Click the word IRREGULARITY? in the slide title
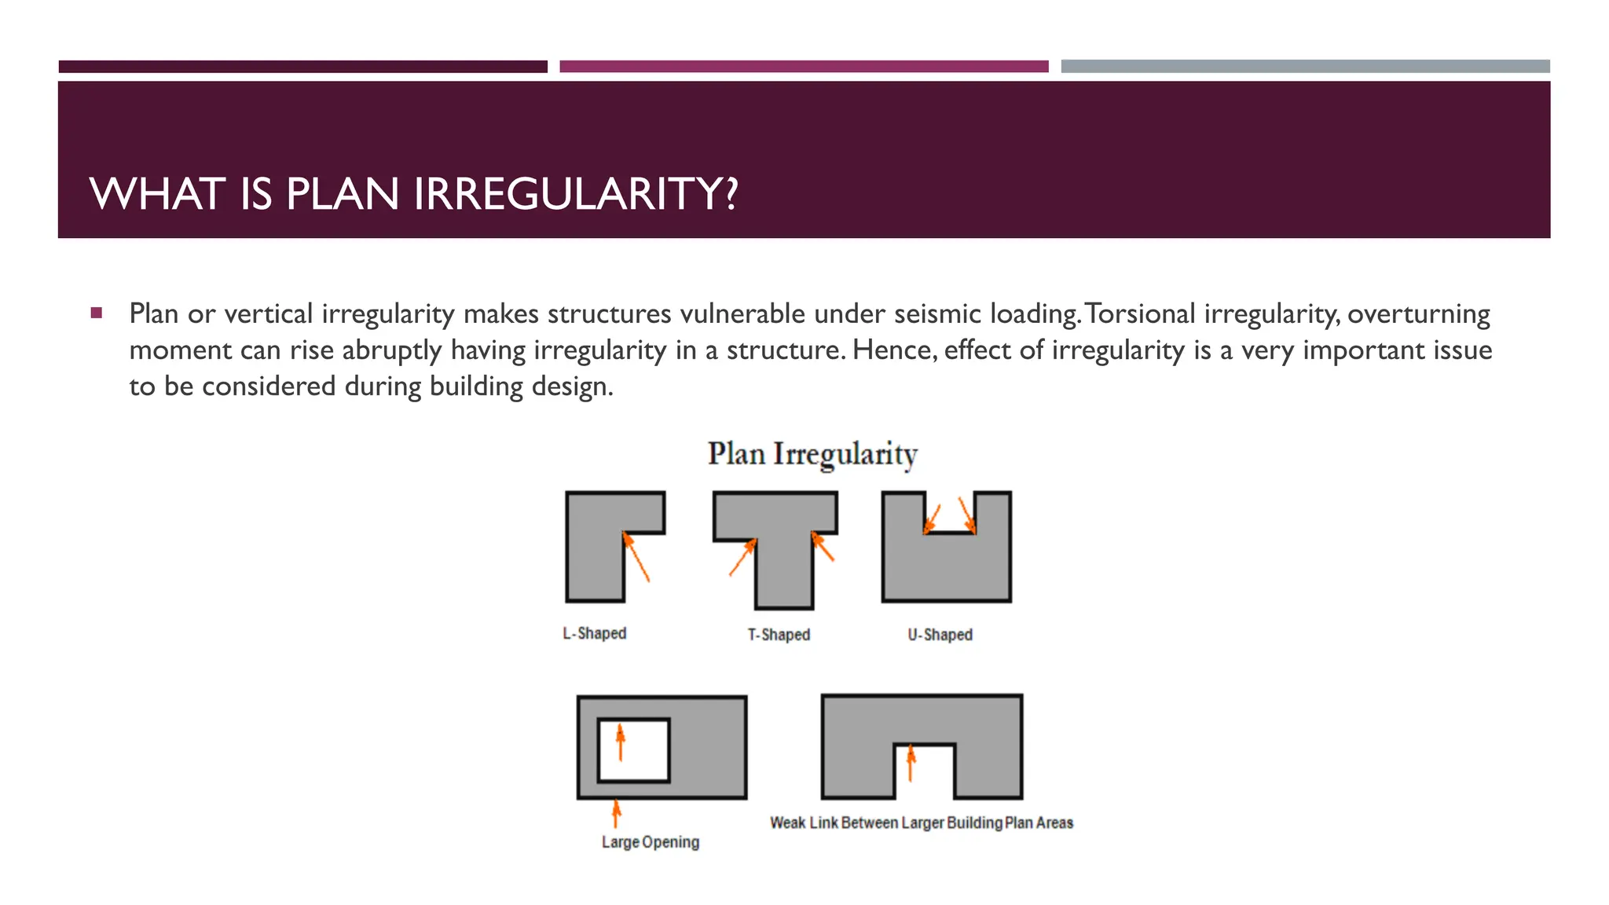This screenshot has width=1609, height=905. pyautogui.click(x=576, y=194)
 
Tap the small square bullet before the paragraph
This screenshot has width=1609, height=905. pyautogui.click(x=97, y=313)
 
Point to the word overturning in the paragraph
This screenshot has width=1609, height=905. pyautogui.click(x=1419, y=314)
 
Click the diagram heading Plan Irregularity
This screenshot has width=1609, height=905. pyautogui.click(x=812, y=454)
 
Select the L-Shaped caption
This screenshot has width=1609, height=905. pyautogui.click(x=595, y=633)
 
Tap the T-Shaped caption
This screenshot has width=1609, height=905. pyautogui.click(x=779, y=635)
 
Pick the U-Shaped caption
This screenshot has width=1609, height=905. pyautogui.click(x=940, y=635)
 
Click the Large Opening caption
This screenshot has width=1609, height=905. pyautogui.click(x=651, y=842)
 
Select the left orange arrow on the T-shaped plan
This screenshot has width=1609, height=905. pyautogui.click(x=742, y=557)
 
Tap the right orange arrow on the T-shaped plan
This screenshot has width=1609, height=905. pyautogui.click(x=823, y=547)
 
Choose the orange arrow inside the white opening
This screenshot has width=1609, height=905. pyautogui.click(x=621, y=742)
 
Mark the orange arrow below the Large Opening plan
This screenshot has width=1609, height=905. pyautogui.click(x=617, y=814)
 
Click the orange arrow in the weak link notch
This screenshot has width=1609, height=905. pyautogui.click(x=911, y=763)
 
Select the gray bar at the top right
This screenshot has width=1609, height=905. pyautogui.click(x=1305, y=67)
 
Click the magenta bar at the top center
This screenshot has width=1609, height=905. pyautogui.click(x=804, y=67)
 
